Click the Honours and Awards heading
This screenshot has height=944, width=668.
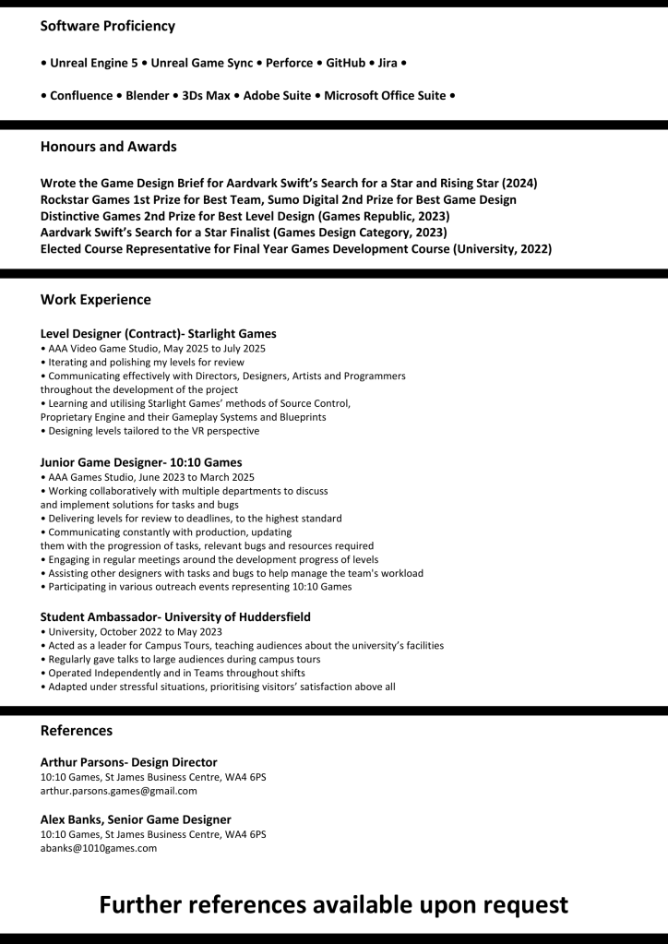pos(109,147)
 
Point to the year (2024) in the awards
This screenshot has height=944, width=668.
pos(519,183)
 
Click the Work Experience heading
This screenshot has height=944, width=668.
pos(96,300)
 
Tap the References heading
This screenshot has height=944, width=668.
pos(77,731)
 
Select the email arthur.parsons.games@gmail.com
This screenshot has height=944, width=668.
pos(119,791)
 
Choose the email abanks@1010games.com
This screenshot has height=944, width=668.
pos(99,848)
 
